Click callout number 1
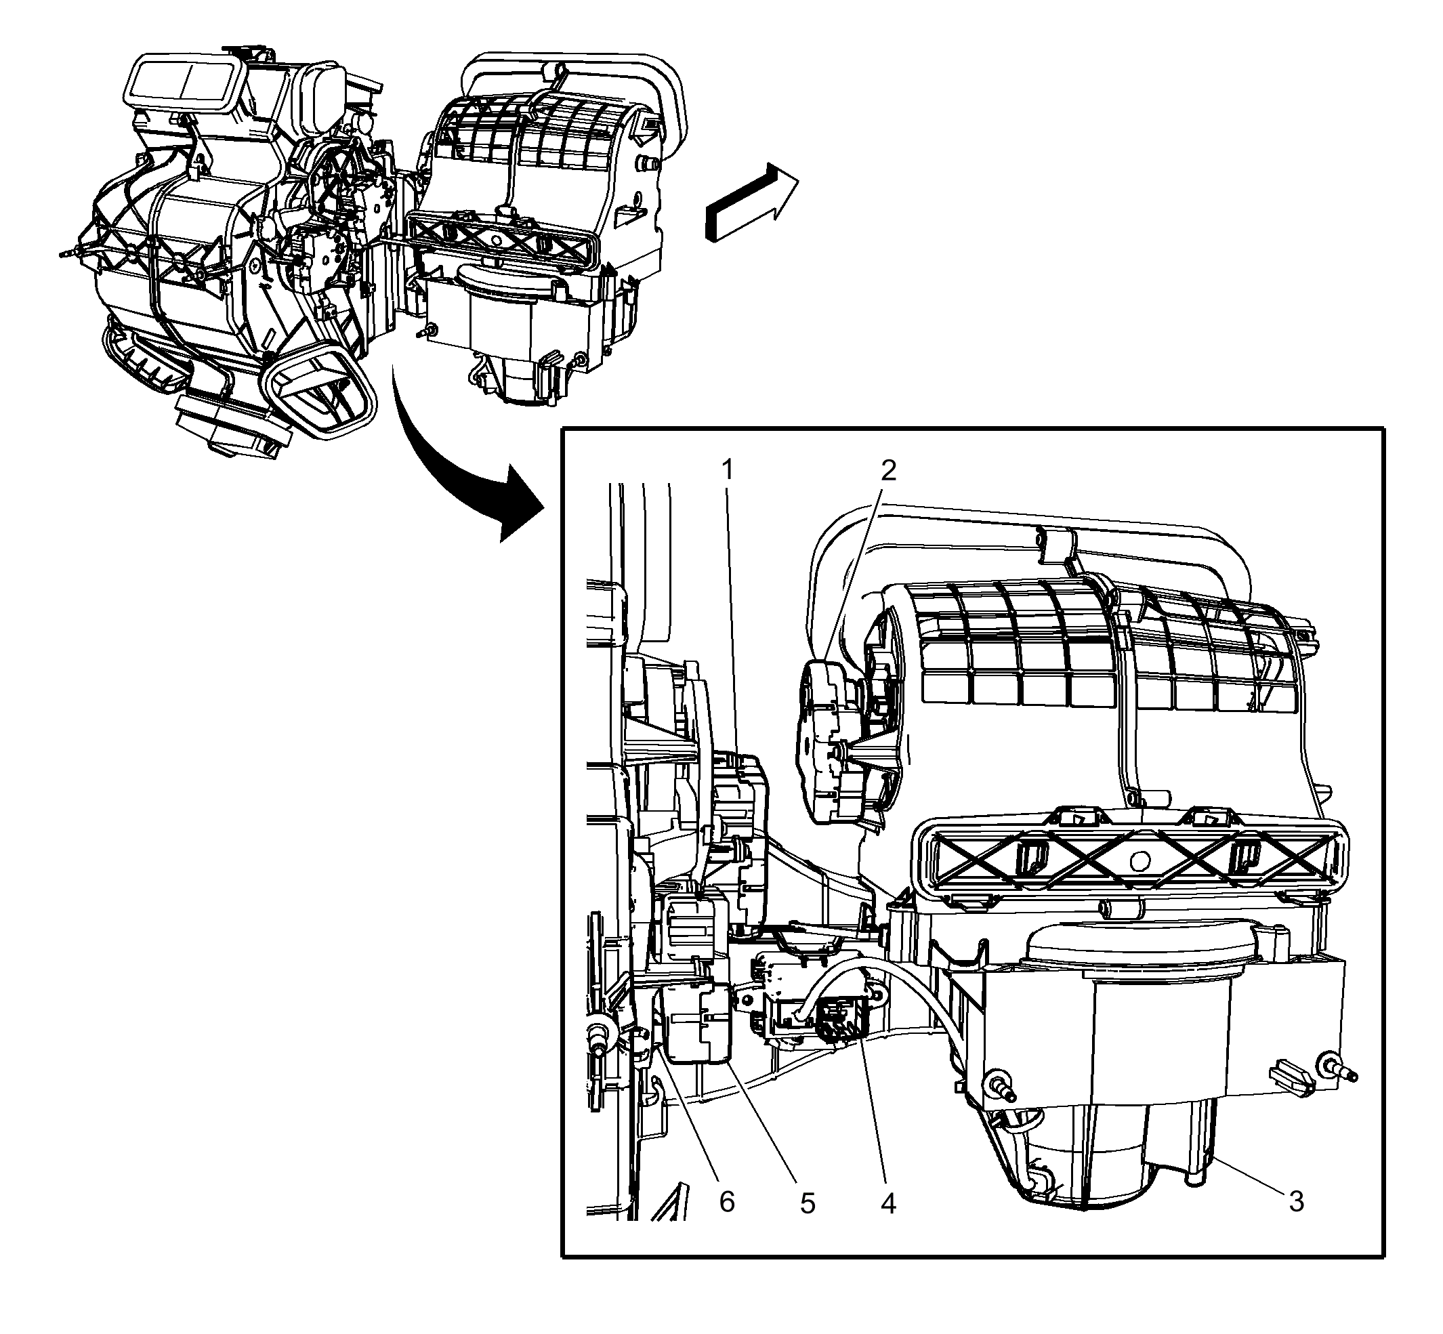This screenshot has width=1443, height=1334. point(728,471)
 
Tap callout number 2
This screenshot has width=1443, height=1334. point(889,471)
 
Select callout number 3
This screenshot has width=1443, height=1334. point(1297,1202)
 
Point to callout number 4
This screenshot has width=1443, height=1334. point(889,1203)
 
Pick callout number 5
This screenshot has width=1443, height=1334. point(808,1203)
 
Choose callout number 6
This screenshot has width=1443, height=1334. point(727,1202)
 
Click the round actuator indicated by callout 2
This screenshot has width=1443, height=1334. point(830,741)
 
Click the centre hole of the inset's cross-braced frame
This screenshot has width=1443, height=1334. point(1139,859)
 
